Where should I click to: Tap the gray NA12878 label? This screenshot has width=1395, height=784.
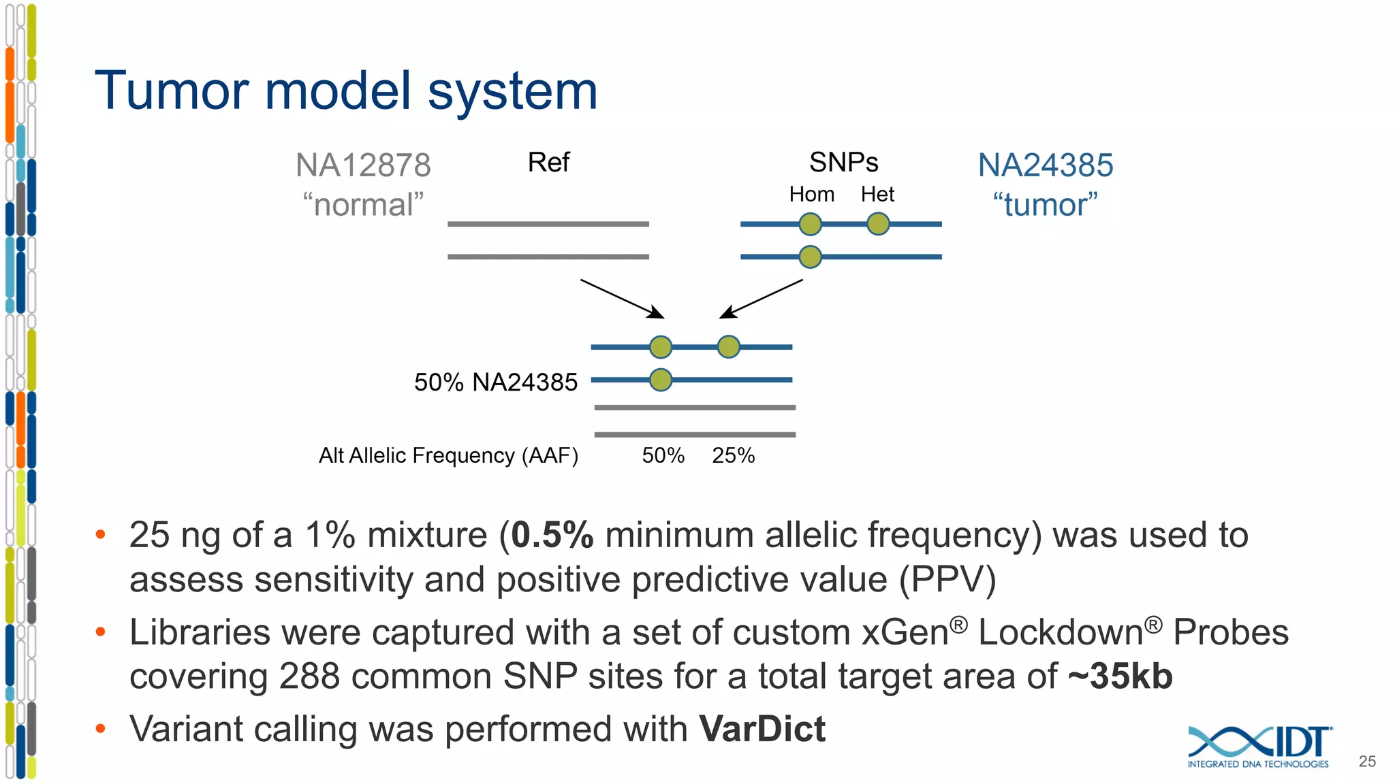click(363, 165)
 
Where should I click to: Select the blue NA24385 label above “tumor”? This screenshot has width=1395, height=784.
click(1046, 165)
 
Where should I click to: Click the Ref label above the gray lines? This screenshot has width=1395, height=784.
click(548, 163)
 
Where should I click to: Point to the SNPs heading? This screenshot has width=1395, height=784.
click(843, 163)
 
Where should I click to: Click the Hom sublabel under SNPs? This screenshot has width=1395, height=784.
click(811, 195)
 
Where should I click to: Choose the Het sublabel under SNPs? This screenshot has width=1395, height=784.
click(877, 195)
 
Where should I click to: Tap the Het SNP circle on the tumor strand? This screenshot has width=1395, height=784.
click(878, 224)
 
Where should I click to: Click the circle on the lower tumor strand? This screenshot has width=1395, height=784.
click(810, 257)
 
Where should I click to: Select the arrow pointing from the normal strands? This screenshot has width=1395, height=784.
click(622, 299)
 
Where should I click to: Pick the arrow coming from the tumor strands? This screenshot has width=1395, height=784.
click(761, 299)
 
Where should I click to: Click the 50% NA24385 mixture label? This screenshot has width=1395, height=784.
click(495, 382)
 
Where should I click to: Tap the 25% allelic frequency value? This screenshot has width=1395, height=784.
click(733, 455)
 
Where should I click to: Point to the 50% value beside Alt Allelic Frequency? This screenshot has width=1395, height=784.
click(663, 455)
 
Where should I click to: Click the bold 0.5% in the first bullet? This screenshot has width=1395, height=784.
click(552, 535)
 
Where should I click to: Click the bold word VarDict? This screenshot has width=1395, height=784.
click(762, 729)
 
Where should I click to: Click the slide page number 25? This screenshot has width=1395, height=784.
click(1366, 762)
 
